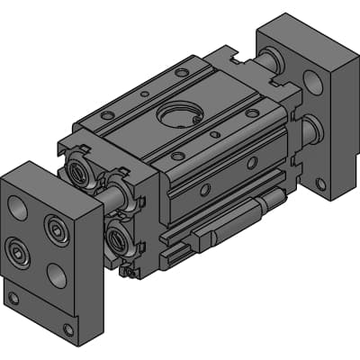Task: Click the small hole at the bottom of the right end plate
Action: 321,184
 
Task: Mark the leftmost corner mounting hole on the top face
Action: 107,115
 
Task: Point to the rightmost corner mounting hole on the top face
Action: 253,113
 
